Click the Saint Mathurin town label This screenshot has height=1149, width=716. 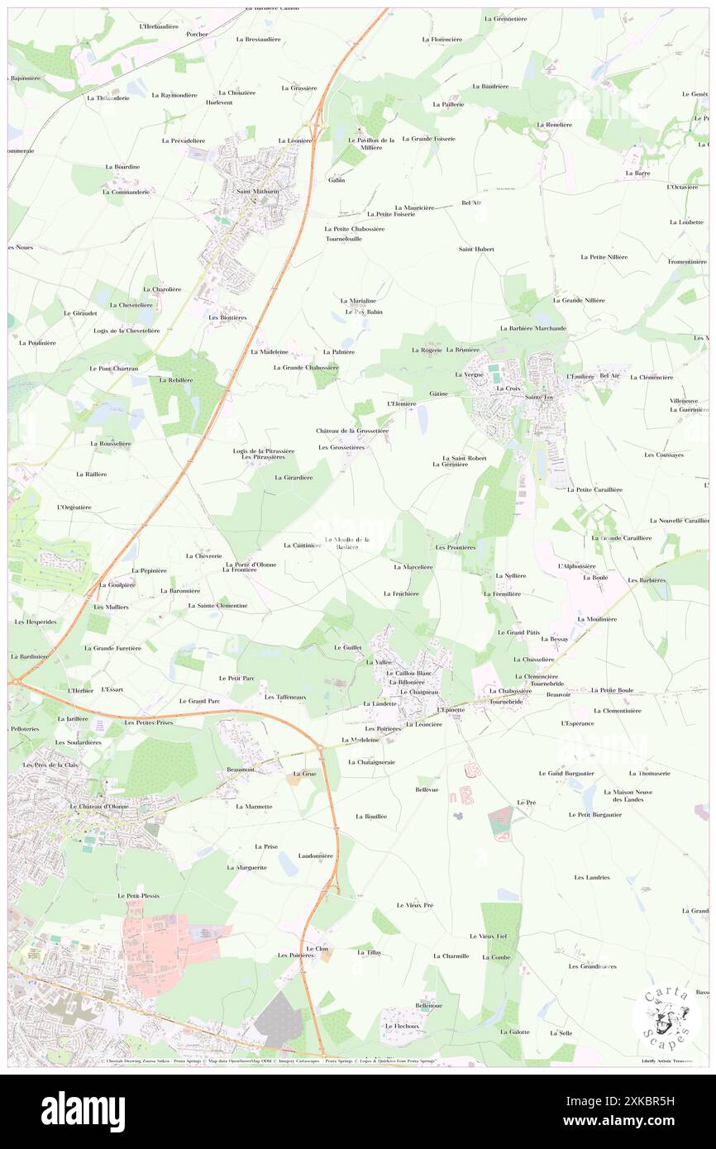pyautogui.click(x=255, y=193)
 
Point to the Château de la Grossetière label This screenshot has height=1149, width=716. pyautogui.click(x=352, y=431)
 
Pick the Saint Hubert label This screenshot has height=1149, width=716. pyautogui.click(x=476, y=249)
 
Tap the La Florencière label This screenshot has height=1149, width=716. pyautogui.click(x=442, y=39)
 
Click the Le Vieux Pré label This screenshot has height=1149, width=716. pyautogui.click(x=414, y=905)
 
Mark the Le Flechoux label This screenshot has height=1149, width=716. pyautogui.click(x=402, y=1026)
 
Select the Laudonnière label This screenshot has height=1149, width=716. pyautogui.click(x=316, y=856)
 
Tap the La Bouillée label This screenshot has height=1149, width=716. pyautogui.click(x=371, y=816)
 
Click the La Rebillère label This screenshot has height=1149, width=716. pyautogui.click(x=175, y=380)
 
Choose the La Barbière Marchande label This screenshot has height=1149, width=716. pyautogui.click(x=533, y=328)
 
